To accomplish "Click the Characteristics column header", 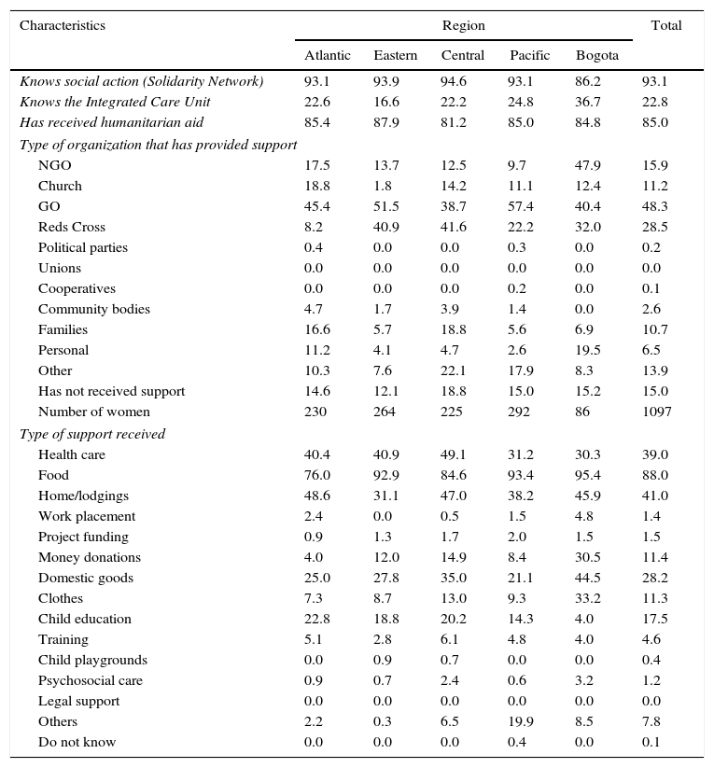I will click(62, 25).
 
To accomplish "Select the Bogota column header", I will click(596, 55).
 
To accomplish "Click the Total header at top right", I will click(666, 25).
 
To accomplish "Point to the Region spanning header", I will click(463, 25).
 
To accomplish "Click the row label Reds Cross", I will click(72, 227).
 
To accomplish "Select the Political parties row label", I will click(83, 247).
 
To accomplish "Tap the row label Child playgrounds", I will click(92, 660).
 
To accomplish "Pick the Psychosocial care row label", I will click(91, 680).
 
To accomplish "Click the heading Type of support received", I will click(92, 434).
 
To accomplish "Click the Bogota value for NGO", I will click(587, 165).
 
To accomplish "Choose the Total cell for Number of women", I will click(656, 412).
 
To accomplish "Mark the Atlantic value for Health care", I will click(316, 454).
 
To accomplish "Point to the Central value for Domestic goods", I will click(454, 578).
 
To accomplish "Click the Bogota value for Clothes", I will click(587, 598).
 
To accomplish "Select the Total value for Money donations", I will click(654, 557).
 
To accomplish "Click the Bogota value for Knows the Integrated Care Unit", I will click(587, 102).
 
